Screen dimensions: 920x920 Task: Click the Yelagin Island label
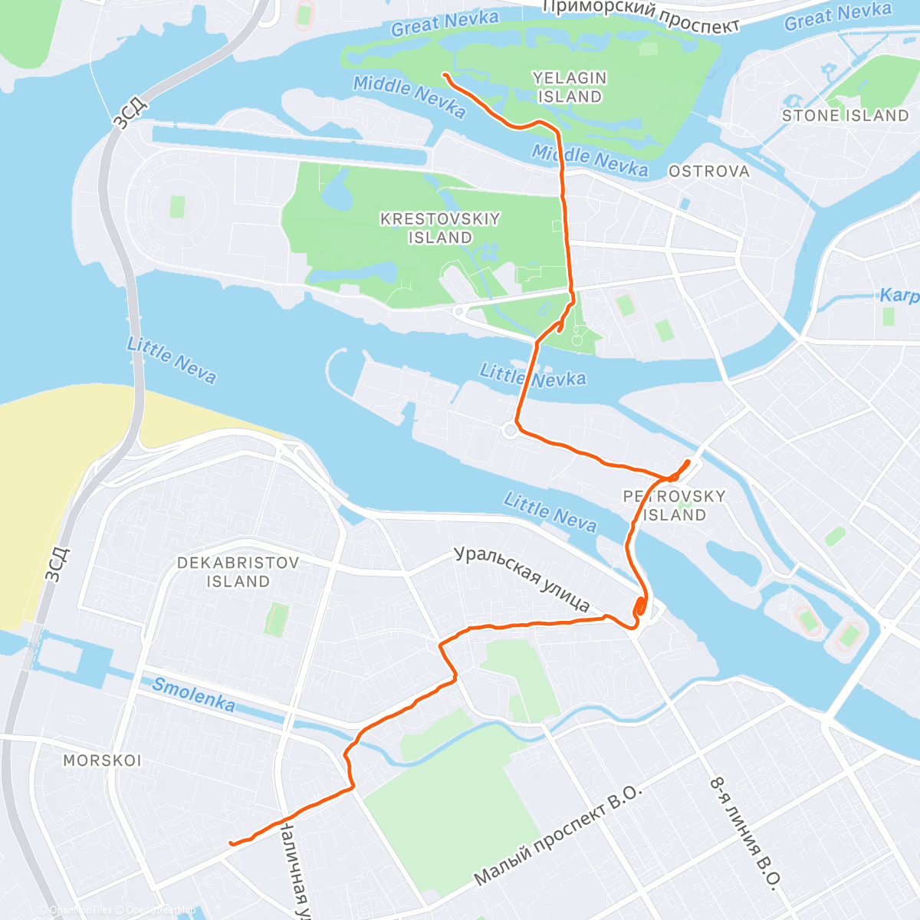pos(570,87)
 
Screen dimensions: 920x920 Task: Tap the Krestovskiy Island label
pos(440,228)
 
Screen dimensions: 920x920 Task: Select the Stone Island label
pos(845,116)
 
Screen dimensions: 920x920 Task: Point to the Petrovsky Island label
pos(674,505)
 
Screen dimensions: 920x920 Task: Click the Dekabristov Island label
pos(238,572)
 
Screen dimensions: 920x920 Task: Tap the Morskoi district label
pos(102,761)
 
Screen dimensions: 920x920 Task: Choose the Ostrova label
pos(709,172)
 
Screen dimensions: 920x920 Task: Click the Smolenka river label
pos(193,695)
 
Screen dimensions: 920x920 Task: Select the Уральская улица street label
pos(521,579)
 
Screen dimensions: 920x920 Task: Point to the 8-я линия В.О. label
pos(744,833)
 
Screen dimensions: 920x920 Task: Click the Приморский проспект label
pos(640,15)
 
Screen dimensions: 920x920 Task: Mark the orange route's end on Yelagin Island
pos(445,74)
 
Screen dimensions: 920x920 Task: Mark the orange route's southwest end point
pos(231,844)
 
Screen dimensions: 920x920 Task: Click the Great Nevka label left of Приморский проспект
pos(445,24)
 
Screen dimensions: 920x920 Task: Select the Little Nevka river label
pos(533,376)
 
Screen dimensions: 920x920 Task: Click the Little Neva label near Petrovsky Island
pos(550,512)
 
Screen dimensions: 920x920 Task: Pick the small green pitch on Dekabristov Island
pos(276,619)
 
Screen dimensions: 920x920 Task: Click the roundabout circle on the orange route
pos(511,431)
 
